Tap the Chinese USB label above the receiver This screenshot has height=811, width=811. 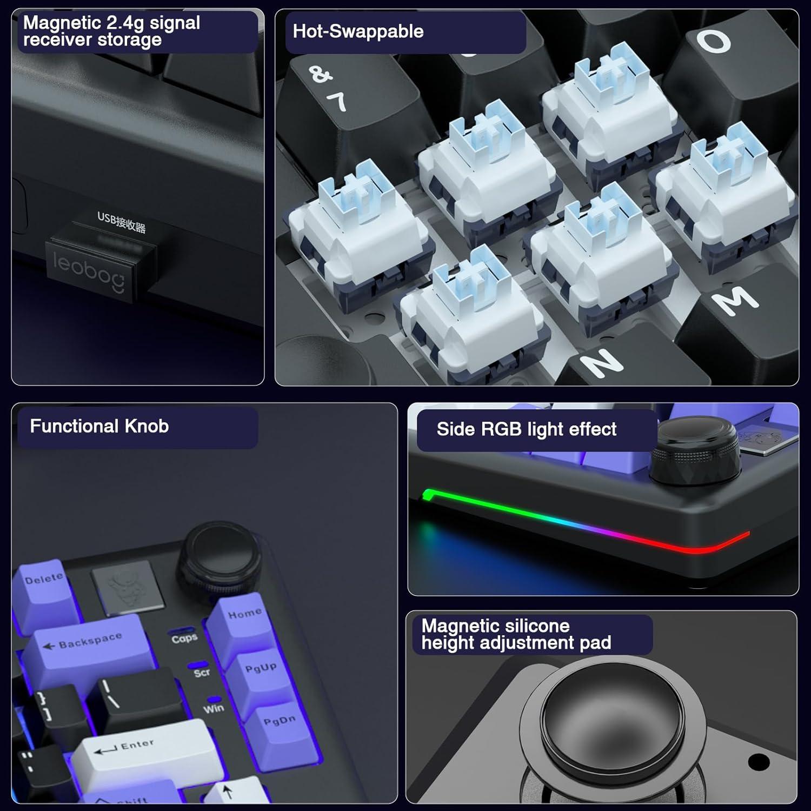[121, 222]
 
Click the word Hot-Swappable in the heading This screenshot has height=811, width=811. [357, 31]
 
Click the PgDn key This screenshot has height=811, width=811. [278, 724]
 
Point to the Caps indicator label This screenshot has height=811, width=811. [184, 639]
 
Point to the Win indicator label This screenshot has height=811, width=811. [214, 708]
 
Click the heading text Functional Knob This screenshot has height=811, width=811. [99, 426]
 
